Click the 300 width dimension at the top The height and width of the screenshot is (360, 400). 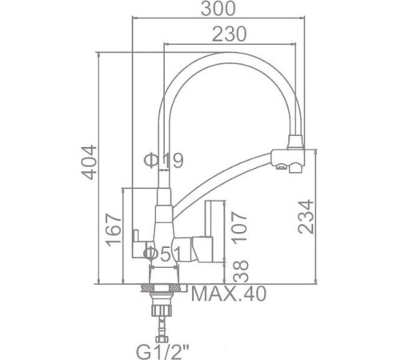pyautogui.click(x=222, y=9)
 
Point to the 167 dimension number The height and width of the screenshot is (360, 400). pyautogui.click(x=113, y=230)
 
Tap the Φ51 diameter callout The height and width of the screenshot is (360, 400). pyautogui.click(x=163, y=254)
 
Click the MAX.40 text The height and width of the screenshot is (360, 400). pyautogui.click(x=228, y=295)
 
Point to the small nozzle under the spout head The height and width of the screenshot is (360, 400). pyautogui.click(x=281, y=168)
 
